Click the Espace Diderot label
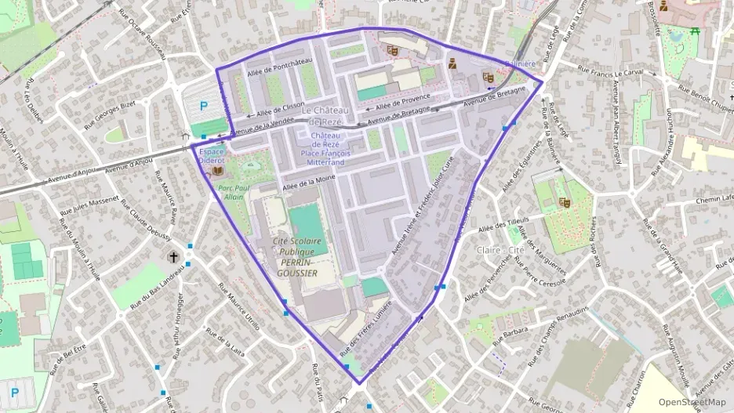click(211, 155)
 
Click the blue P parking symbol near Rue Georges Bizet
click(204, 106)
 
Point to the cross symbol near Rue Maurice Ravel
click(173, 255)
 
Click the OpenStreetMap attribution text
click(692, 402)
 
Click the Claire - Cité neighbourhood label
click(500, 250)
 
